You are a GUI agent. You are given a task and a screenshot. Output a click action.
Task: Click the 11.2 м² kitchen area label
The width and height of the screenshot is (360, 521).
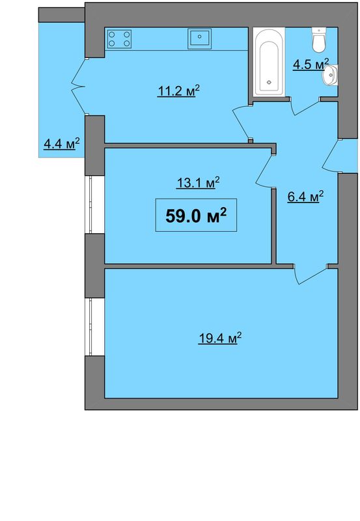[178, 91]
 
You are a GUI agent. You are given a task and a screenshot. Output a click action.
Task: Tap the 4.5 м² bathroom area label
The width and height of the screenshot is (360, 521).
[311, 64]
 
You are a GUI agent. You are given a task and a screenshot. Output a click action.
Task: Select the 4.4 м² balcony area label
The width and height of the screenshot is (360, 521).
[62, 143]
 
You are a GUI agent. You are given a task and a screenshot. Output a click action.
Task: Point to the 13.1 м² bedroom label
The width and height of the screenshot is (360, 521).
[198, 182]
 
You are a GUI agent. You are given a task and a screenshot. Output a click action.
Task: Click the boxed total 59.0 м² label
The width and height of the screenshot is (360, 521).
[196, 216]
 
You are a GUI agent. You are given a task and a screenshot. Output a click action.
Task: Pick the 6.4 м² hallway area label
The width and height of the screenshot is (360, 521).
[305, 197]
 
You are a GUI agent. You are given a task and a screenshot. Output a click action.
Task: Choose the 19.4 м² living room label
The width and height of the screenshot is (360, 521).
[219, 338]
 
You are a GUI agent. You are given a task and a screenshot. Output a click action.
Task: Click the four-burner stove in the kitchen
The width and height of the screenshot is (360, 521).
[119, 38]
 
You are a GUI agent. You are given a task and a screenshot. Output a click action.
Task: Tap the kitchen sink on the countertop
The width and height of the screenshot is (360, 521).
[200, 39]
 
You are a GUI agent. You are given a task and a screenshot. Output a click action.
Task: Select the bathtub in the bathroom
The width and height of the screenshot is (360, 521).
[269, 62]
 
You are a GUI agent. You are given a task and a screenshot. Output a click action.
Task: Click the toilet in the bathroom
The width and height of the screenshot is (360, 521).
[319, 40]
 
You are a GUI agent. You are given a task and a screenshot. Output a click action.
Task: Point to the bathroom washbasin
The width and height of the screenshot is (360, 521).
[331, 76]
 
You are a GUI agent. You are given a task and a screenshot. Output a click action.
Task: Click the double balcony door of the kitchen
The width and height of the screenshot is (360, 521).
[79, 87]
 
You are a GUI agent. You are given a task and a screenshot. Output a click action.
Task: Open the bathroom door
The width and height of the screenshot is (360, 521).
[305, 106]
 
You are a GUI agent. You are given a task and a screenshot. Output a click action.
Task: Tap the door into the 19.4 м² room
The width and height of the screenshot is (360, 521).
[311, 274]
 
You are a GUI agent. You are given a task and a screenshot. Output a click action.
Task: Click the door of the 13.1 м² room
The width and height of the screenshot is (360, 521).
[265, 171]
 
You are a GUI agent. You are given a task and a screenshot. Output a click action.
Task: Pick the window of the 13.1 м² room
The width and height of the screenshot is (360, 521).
[90, 204]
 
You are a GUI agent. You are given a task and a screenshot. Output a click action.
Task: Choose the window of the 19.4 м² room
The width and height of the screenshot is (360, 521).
[90, 327]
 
